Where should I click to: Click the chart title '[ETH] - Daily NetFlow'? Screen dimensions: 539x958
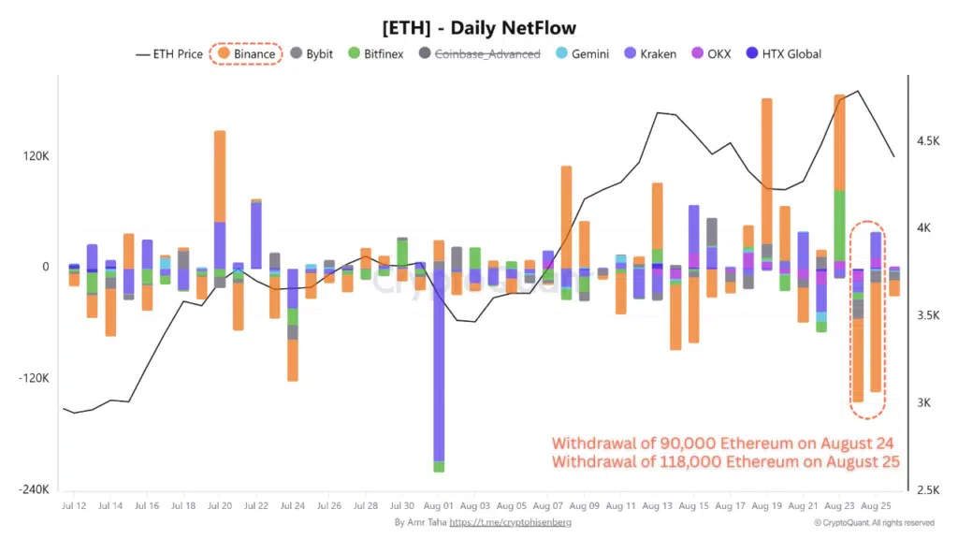point(479,28)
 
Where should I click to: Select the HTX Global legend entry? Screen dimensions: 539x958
point(784,54)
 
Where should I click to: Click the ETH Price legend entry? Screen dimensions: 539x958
point(169,54)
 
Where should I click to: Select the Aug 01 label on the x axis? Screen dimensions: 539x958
point(439,506)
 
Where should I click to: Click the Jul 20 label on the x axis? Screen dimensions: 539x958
point(220,506)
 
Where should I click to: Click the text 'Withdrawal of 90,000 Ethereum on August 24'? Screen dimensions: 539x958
point(722,443)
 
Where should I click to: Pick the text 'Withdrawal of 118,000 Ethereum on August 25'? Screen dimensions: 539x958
point(725,461)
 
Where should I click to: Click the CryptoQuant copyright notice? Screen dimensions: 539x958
point(874,523)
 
